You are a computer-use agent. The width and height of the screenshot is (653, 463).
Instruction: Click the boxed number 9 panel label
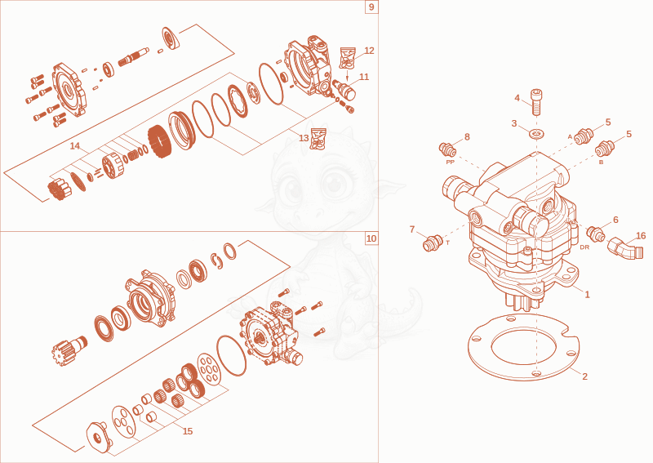tap(371, 7)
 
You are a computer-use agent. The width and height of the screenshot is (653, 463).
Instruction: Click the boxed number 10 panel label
tap(371, 238)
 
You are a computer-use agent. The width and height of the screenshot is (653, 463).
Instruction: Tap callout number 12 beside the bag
tap(370, 51)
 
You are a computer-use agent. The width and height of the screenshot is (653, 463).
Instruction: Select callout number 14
tap(75, 146)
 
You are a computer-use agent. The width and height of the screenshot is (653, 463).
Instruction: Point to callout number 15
tap(188, 431)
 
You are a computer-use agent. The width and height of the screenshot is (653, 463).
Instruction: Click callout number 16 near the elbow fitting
tap(641, 235)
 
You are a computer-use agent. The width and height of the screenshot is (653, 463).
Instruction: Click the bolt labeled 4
tap(536, 102)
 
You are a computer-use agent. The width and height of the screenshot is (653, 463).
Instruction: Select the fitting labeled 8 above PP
tap(447, 148)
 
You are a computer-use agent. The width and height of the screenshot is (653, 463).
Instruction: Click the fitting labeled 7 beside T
tap(433, 243)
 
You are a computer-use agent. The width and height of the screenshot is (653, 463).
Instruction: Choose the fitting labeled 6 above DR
tap(596, 234)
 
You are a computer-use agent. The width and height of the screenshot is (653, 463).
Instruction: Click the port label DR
tap(584, 247)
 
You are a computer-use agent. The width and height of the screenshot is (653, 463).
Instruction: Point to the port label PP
tap(450, 162)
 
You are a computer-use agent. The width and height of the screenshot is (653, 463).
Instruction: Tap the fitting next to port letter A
tap(584, 136)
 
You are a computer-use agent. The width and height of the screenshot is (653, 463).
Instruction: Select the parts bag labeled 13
tap(318, 139)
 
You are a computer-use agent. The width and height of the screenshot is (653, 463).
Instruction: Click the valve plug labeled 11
tap(344, 89)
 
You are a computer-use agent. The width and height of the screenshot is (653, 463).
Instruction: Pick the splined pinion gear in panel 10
tap(69, 349)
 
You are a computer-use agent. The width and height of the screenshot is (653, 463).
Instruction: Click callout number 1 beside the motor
tap(588, 294)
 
